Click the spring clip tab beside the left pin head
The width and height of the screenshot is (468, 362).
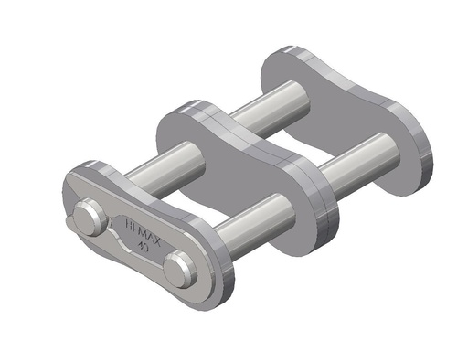pyautogui.click(x=71, y=222)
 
